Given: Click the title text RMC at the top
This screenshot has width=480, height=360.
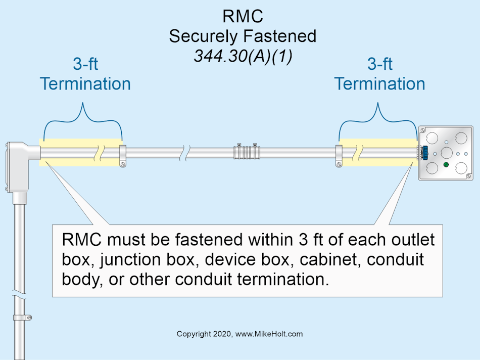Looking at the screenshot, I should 243,16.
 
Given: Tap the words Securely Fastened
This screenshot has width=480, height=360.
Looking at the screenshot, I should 243,36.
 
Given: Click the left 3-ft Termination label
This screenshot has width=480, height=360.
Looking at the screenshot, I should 85,74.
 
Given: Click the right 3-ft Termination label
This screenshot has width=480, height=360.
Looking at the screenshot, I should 379,74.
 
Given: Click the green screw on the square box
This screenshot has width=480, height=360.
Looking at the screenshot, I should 446,165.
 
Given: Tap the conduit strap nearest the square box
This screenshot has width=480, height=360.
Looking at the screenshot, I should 339,155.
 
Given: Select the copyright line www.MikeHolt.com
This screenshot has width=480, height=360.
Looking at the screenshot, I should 239,334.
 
